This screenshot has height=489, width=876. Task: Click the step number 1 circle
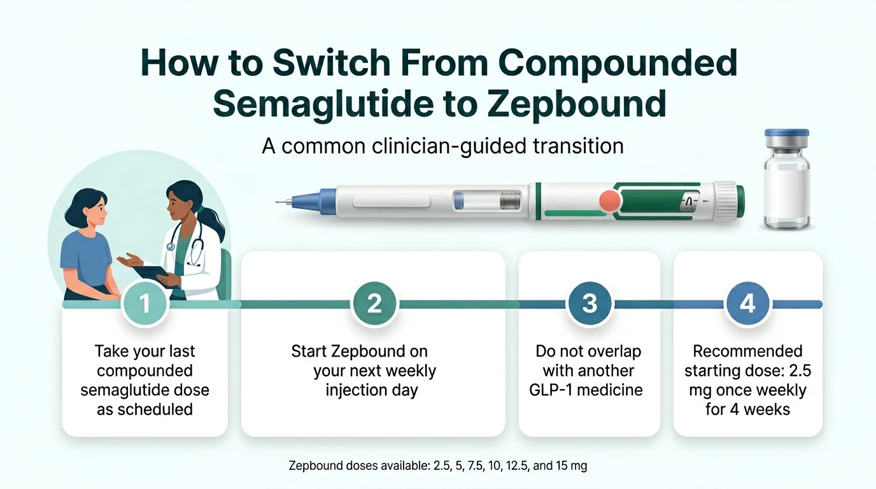coord(145,304)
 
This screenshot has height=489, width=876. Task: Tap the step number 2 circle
coord(374,304)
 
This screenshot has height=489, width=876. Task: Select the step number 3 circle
coord(590,304)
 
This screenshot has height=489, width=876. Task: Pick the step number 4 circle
coord(747,304)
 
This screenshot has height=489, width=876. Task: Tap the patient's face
coord(90,209)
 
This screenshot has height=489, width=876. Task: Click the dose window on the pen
coord(689,202)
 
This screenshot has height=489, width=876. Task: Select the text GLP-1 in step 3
coord(554,390)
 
